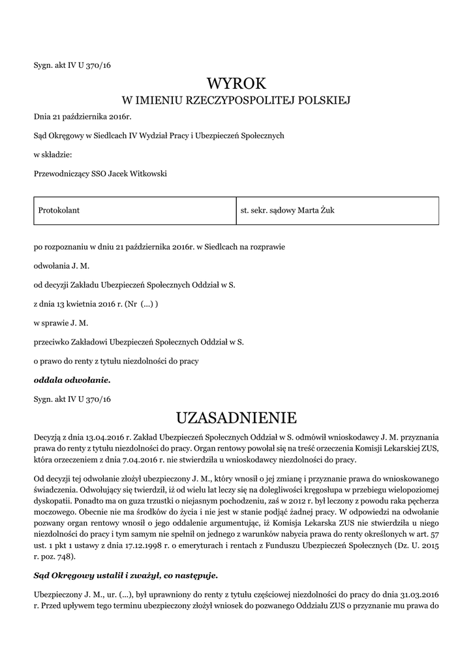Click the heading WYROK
pos(236,83)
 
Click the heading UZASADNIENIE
pos(236,417)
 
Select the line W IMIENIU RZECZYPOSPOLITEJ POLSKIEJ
pos(236,100)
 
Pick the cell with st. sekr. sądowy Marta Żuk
pos(288,210)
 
